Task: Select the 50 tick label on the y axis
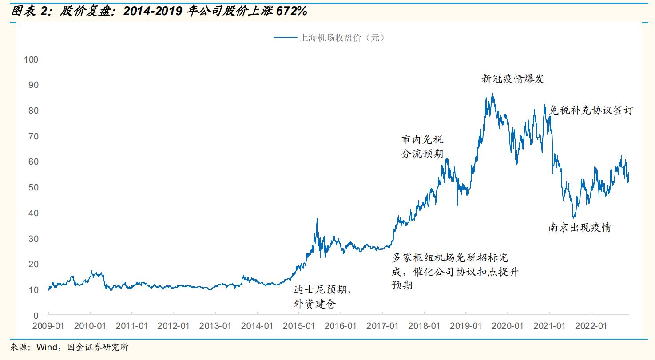pyautogui.click(x=34, y=187)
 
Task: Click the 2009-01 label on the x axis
pyautogui.click(x=49, y=326)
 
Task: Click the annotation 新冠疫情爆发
pyautogui.click(x=513, y=79)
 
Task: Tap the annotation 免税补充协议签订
pyautogui.click(x=591, y=110)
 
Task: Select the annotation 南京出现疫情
pyautogui.click(x=580, y=228)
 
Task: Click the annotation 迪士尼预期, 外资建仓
pyautogui.click(x=323, y=297)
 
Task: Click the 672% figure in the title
pyautogui.click(x=291, y=12)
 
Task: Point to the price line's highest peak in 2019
pyautogui.click(x=492, y=94)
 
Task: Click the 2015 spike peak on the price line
pyautogui.click(x=317, y=218)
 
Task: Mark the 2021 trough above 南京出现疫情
pyautogui.click(x=574, y=218)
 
